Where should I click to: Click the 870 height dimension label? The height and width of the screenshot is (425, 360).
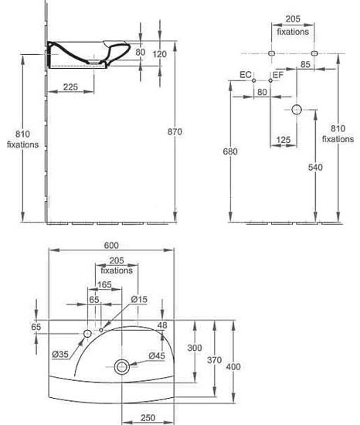pos(175,131)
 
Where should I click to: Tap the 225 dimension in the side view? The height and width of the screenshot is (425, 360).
pos(70,87)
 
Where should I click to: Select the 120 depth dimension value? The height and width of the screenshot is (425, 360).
pos(160,54)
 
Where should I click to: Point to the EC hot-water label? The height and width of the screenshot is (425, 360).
pos(246,74)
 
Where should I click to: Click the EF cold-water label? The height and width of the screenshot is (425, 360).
pos(278,74)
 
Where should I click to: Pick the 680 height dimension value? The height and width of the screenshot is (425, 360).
pos(230,151)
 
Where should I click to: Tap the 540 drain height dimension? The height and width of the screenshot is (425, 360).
pos(315,167)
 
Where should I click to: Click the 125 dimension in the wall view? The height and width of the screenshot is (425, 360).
pos(284,140)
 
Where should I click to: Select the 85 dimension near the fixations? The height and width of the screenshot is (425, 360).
pos(305,64)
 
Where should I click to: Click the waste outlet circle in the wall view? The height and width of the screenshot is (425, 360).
pos(297,110)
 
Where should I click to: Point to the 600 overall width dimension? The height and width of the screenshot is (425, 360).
pos(111,245)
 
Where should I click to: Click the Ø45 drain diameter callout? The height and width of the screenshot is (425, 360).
pos(157,355)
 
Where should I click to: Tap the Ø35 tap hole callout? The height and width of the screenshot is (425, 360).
pos(60,354)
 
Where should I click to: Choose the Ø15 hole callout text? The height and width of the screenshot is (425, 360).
pos(139,299)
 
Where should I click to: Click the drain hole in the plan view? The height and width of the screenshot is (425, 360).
pos(122,367)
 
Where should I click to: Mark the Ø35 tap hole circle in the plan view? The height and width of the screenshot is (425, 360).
pos(87,334)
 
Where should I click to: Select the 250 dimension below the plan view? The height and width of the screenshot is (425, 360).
pos(148,418)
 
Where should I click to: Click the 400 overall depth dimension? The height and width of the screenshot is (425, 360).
pos(233,367)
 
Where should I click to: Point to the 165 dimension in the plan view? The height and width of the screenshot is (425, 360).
pos(104,284)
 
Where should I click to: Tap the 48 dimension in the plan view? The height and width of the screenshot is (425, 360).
pos(162,325)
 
